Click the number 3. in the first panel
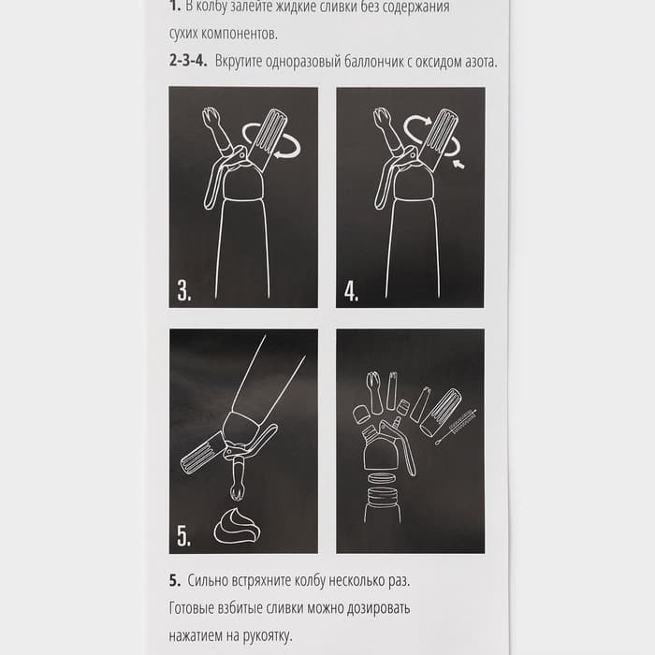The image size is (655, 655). click(x=184, y=290)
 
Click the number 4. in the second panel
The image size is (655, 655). click(x=351, y=290)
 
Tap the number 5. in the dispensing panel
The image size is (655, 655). click(x=184, y=535)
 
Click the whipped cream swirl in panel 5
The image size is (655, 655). click(x=237, y=526)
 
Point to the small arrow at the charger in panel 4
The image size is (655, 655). click(x=458, y=164)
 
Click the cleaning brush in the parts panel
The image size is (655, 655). click(x=457, y=426)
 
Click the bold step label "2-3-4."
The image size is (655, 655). click(x=188, y=61)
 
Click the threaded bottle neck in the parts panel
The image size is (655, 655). click(x=382, y=496)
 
